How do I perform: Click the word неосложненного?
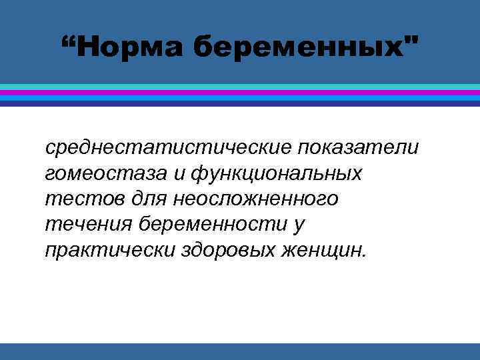[x=255, y=199]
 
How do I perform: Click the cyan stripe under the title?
[x=240, y=87]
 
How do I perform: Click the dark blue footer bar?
[x=240, y=351]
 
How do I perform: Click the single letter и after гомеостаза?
[x=178, y=173]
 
